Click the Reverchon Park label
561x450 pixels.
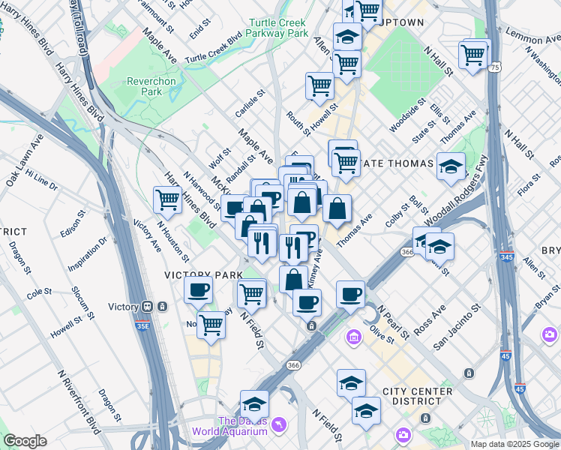(145, 85)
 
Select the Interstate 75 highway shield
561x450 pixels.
(495, 67)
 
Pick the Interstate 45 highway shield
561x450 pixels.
(520, 389)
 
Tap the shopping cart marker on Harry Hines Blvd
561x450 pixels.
(166, 200)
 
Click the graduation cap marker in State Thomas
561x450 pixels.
(451, 166)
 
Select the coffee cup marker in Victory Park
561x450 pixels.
(198, 289)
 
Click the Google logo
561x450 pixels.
(25, 441)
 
